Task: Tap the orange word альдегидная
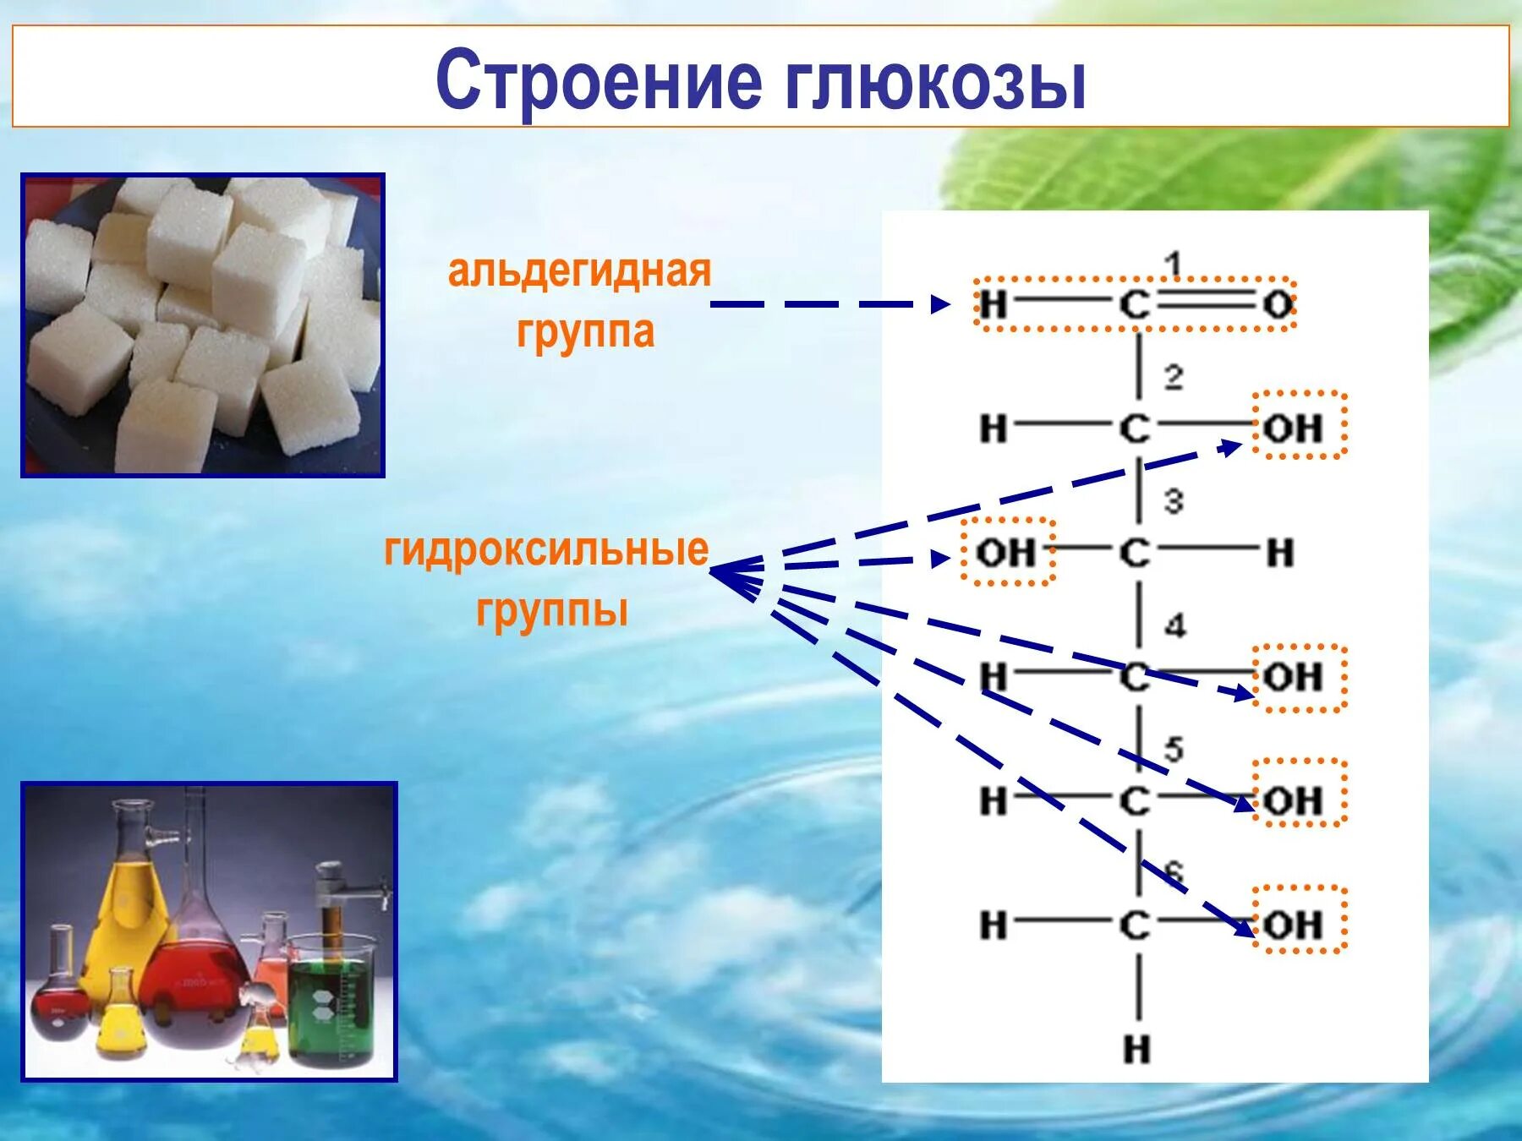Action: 579,272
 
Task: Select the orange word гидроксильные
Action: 546,550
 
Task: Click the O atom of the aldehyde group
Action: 1278,304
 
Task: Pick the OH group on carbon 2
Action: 1294,428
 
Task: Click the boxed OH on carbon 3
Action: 1005,552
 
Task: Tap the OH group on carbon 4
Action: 1294,677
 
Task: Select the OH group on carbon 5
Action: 1294,800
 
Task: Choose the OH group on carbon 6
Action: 1294,925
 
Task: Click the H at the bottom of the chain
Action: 1137,1049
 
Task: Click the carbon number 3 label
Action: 1173,501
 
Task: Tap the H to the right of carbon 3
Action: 1280,553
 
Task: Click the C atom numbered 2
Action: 1135,429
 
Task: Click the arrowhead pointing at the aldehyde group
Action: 940,304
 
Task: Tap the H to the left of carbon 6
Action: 994,925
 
